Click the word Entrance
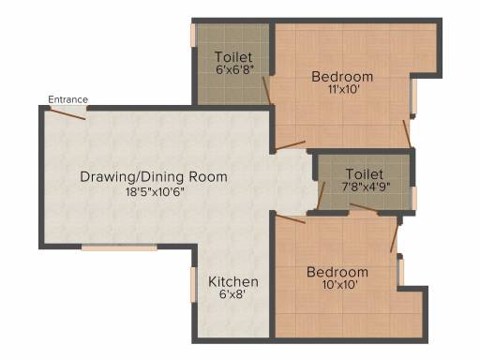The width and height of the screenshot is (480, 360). (x=67, y=99)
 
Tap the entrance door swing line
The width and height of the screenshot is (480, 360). (x=67, y=113)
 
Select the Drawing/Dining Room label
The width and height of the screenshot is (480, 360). (x=154, y=177)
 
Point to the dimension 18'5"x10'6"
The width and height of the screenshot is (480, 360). (x=155, y=191)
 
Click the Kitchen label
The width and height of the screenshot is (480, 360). (x=233, y=282)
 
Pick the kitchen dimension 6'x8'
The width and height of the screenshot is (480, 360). (x=232, y=294)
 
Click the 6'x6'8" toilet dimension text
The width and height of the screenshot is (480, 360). (x=234, y=69)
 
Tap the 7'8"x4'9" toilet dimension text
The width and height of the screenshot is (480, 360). (x=367, y=187)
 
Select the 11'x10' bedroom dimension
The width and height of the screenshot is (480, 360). (x=343, y=90)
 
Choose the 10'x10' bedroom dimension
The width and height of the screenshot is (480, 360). (x=337, y=285)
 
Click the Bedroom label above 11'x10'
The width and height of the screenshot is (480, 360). (x=342, y=77)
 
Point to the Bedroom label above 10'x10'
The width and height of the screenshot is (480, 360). (x=337, y=272)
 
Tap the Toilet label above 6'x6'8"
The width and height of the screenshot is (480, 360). (x=233, y=57)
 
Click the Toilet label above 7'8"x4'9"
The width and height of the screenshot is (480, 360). (x=365, y=174)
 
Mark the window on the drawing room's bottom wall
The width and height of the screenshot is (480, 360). (x=119, y=247)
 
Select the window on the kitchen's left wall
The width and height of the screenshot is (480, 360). (x=194, y=285)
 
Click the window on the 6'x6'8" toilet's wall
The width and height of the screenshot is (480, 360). (x=193, y=36)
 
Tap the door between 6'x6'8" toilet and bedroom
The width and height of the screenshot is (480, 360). (x=266, y=91)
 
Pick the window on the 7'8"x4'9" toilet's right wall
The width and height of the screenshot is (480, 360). (x=413, y=198)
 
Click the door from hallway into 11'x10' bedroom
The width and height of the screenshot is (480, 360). (x=290, y=145)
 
